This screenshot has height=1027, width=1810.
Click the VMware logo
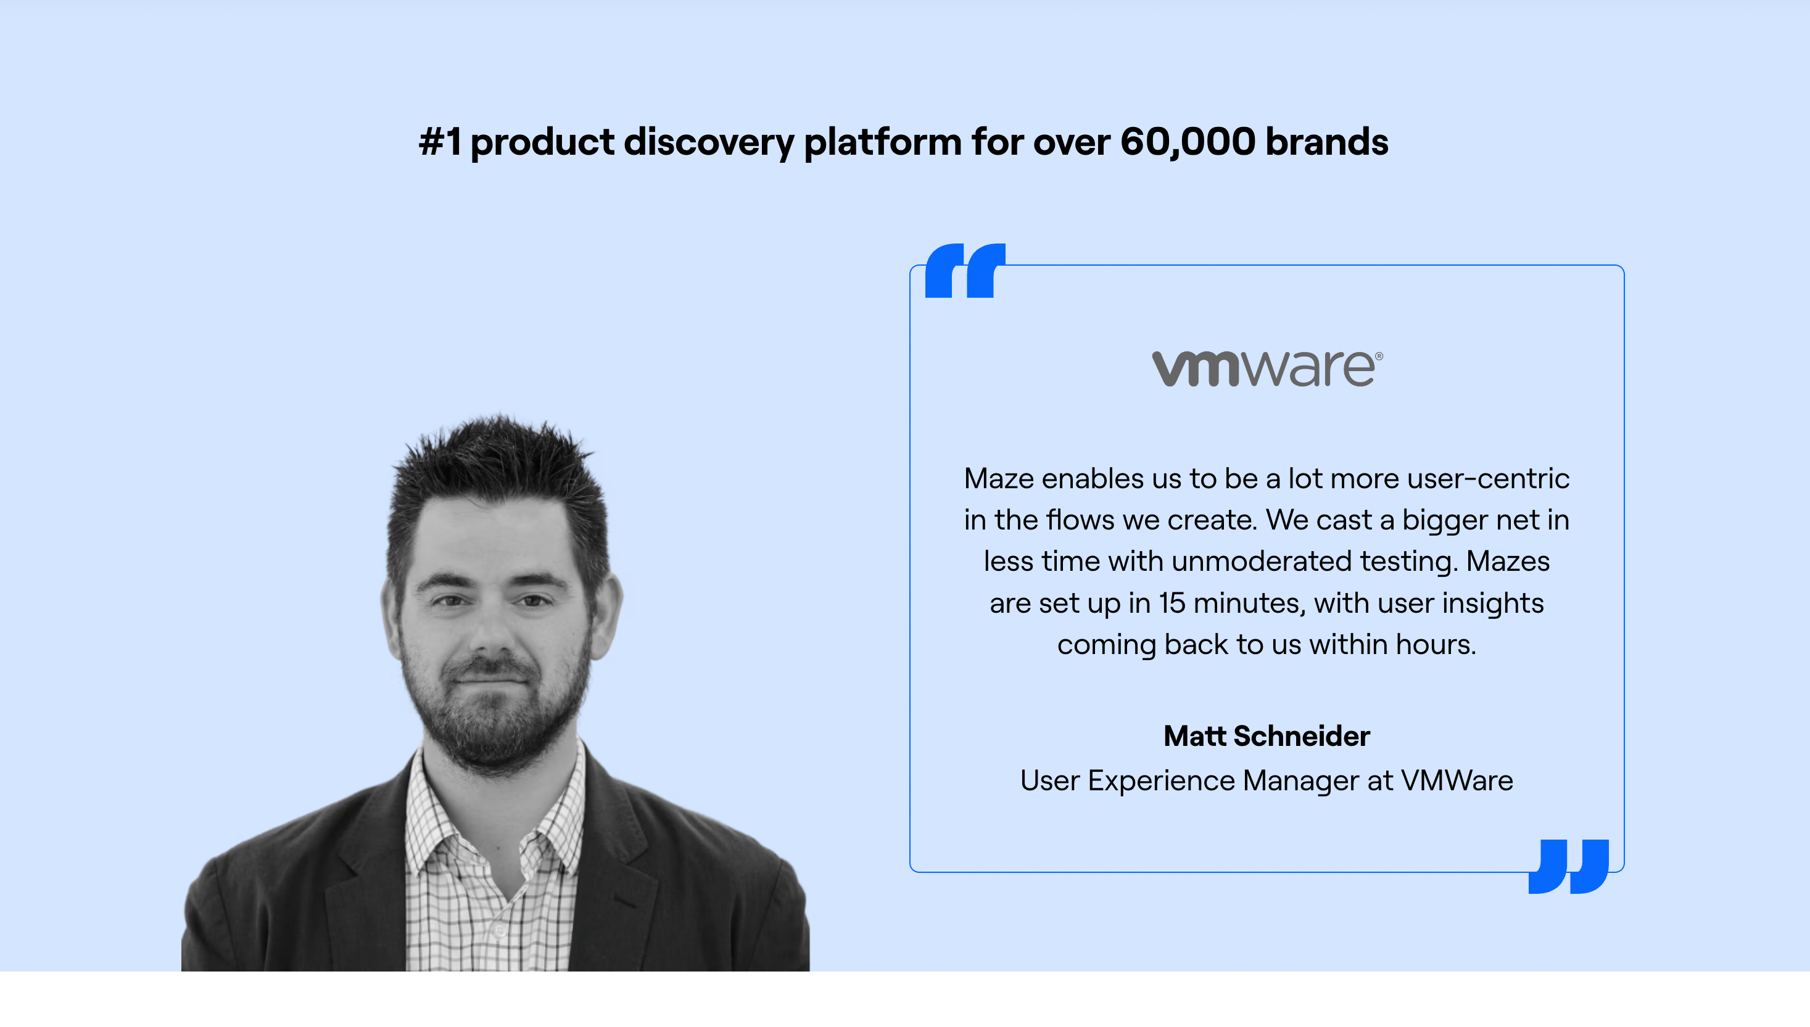(x=1267, y=368)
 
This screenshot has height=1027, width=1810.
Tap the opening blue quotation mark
(x=965, y=271)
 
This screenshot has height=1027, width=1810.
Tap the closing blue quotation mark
(x=1569, y=866)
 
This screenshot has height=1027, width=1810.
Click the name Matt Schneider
(x=1267, y=735)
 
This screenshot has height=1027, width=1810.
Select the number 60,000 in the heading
(x=1188, y=142)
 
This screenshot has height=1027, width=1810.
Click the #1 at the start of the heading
(x=440, y=141)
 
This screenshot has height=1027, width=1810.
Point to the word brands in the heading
(x=1326, y=141)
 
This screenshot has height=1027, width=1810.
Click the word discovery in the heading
(x=708, y=142)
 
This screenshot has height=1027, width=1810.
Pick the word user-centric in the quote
(x=1488, y=479)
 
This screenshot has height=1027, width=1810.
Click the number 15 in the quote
(x=1172, y=603)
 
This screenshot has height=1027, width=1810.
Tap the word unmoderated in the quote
(x=1262, y=562)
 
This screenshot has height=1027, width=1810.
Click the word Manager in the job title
(x=1300, y=781)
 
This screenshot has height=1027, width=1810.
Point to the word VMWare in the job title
(x=1457, y=781)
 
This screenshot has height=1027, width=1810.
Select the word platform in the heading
(x=882, y=142)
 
